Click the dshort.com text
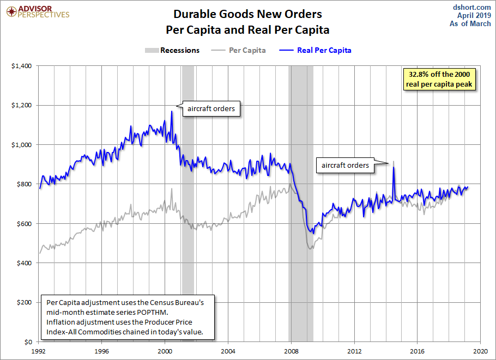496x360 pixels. tap(471, 7)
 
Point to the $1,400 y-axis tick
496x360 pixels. tap(23, 66)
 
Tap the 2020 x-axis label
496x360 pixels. tap(480, 351)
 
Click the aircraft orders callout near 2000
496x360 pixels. tap(211, 109)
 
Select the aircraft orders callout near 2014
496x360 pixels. tap(345, 165)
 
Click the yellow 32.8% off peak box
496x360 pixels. tap(440, 78)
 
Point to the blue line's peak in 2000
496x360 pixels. tap(172, 112)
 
